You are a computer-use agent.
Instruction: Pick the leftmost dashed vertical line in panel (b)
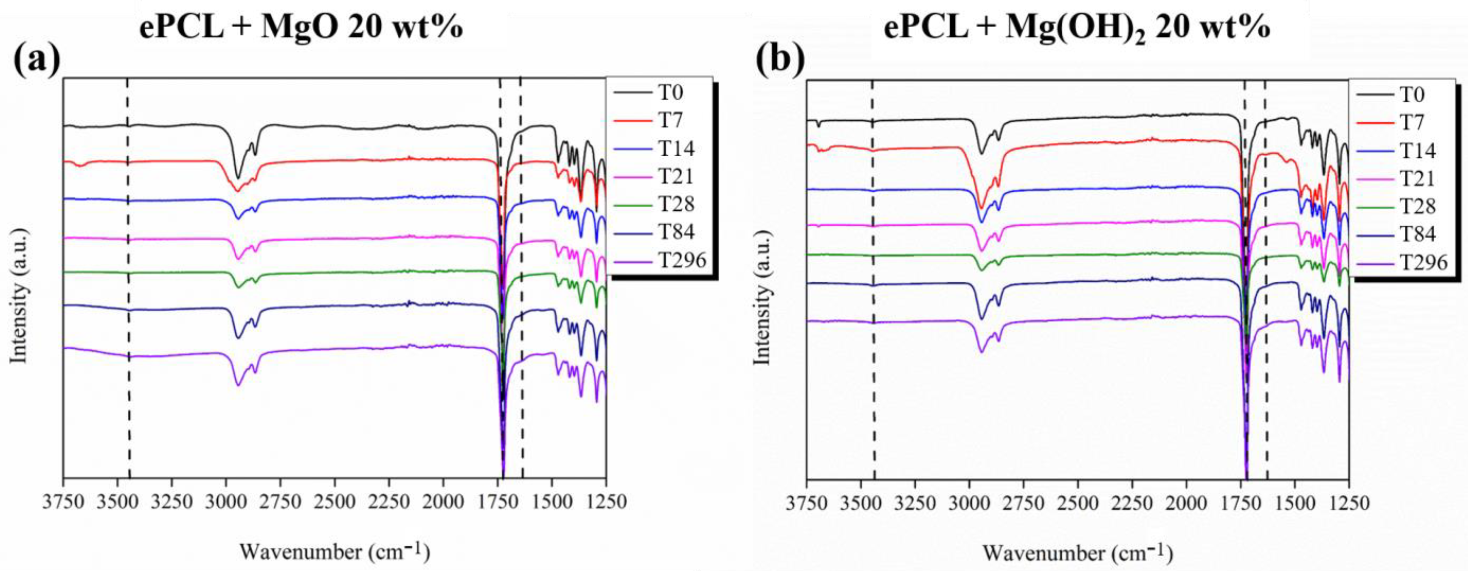pyautogui.click(x=873, y=285)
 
